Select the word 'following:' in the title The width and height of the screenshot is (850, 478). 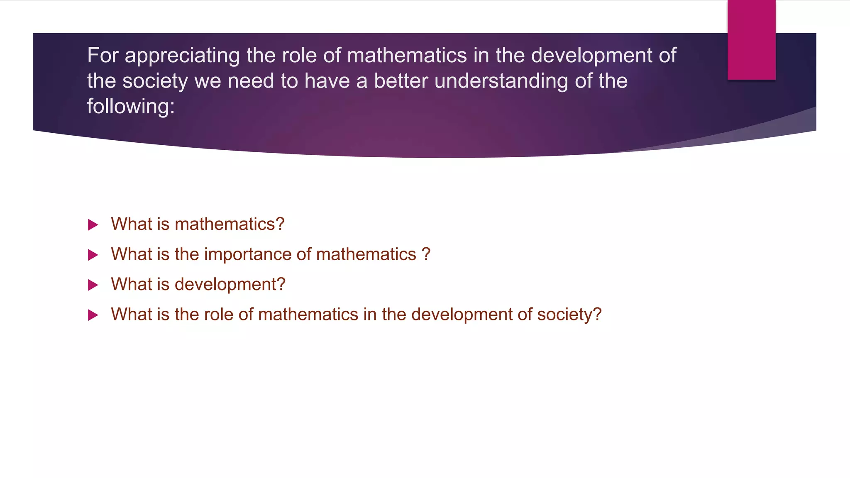(x=131, y=107)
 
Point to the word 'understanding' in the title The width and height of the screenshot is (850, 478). (x=501, y=81)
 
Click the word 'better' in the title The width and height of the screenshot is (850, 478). (x=401, y=80)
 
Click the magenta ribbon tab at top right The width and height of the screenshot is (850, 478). (x=751, y=40)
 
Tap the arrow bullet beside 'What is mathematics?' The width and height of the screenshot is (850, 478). (x=93, y=225)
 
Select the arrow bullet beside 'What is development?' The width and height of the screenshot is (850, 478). (x=93, y=285)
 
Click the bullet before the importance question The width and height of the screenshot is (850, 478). (x=93, y=255)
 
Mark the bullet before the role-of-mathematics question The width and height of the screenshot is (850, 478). (x=93, y=315)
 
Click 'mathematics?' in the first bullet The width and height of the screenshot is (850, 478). (x=230, y=224)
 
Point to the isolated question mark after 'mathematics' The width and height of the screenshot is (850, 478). (x=426, y=254)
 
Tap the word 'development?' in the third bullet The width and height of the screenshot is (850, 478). (x=230, y=285)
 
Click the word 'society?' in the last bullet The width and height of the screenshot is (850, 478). (x=569, y=315)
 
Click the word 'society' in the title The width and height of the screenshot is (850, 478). (x=155, y=81)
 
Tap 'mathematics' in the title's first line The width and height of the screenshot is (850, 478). (x=407, y=55)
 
